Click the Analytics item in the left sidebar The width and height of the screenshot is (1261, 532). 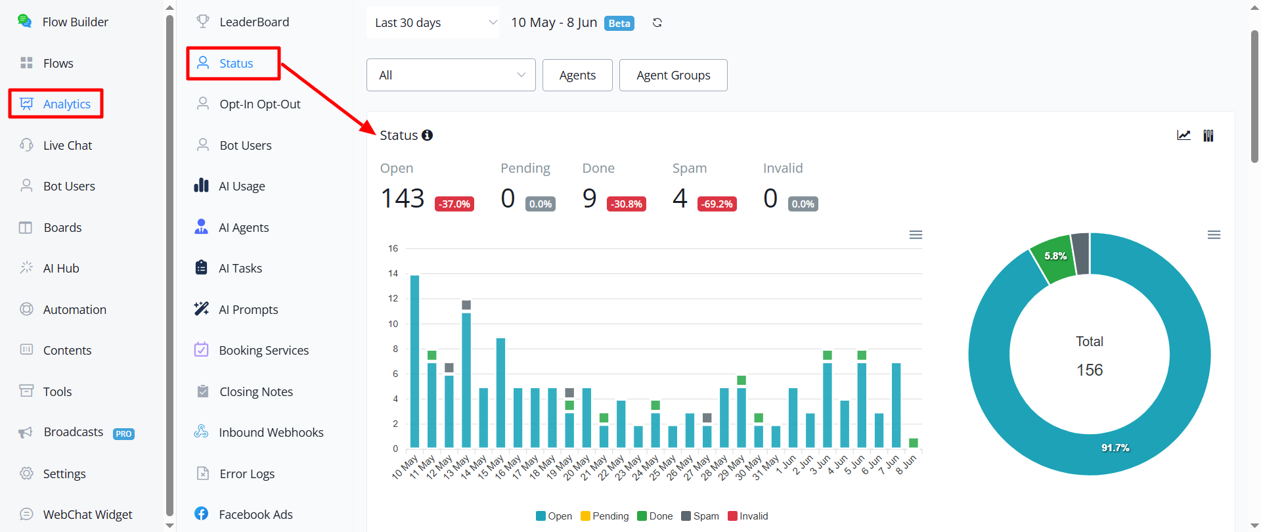point(56,104)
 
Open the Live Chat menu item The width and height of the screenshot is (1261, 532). point(56,145)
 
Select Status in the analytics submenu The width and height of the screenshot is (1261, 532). point(233,63)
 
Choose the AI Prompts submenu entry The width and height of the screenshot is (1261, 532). point(236,309)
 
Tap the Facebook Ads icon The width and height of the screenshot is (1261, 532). point(202,514)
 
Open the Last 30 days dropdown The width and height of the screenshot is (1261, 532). point(433,22)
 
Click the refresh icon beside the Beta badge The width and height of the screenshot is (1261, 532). point(657,23)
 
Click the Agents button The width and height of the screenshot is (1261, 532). point(577,75)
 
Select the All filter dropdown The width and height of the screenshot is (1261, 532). point(451,75)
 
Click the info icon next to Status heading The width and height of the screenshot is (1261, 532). point(428,135)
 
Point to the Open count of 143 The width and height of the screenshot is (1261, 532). point(403,198)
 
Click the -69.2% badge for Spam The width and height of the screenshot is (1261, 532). point(717,204)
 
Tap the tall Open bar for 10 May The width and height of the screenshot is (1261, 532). point(414,361)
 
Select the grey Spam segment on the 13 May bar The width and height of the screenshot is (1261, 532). point(466,305)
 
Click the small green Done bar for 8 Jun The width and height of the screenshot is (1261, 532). point(913,443)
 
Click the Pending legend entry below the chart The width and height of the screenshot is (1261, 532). point(604,516)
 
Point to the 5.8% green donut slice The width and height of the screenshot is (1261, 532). point(1052,258)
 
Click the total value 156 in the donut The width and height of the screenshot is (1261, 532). point(1090,370)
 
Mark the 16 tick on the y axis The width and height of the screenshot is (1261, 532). point(393,248)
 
